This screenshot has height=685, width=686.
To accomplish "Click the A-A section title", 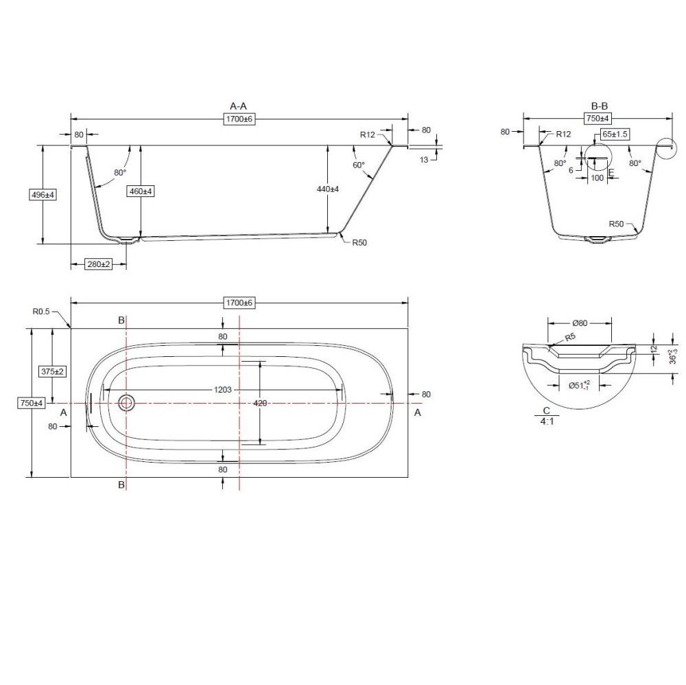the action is (x=239, y=106).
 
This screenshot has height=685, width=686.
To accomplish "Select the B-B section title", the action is (x=600, y=106).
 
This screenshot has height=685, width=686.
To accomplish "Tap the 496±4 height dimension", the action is (x=43, y=195).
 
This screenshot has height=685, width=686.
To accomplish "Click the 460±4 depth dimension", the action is (x=141, y=191).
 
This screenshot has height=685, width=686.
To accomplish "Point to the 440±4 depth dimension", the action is (x=328, y=189).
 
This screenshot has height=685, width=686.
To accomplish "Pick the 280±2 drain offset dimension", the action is (x=98, y=264).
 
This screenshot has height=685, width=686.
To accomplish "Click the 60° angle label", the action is (x=358, y=165).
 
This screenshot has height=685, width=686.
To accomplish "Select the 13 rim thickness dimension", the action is (x=424, y=160).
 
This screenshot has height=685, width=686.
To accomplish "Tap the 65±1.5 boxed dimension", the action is (x=615, y=135).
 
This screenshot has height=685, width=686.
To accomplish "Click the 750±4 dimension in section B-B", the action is (x=598, y=118).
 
